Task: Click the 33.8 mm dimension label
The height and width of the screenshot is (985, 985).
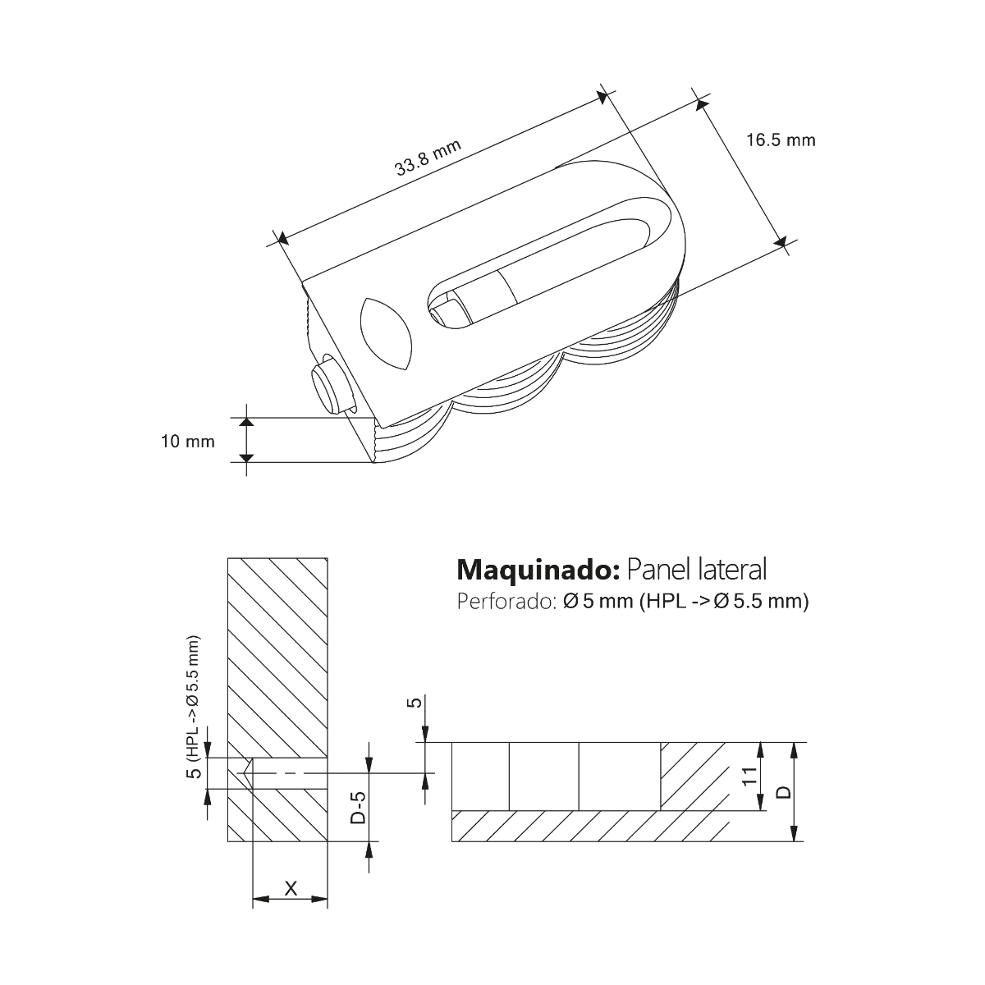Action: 427,158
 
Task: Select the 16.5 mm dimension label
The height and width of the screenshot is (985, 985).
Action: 781,140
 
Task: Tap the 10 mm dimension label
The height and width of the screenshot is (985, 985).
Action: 188,442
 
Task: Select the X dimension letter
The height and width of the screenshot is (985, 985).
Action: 290,887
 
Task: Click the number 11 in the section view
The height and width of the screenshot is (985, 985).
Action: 749,777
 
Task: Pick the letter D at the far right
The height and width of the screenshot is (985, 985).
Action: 783,792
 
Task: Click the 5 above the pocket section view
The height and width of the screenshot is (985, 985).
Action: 415,703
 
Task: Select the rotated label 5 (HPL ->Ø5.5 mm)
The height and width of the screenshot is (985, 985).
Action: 192,709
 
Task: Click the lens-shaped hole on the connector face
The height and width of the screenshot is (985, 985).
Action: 386,331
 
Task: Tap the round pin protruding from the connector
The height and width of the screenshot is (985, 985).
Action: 328,387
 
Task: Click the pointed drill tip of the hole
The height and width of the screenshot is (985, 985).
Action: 245,772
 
